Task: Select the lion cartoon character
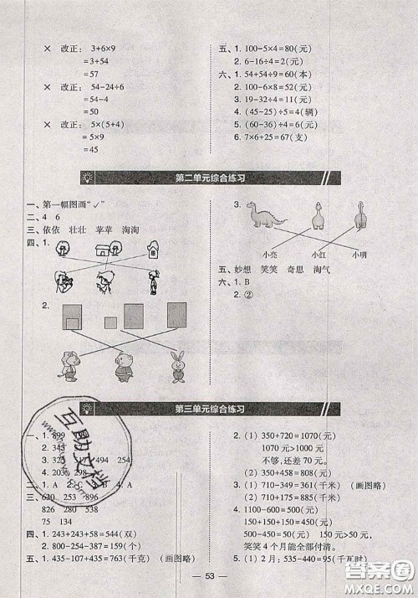(68, 366)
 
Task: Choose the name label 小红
(318, 254)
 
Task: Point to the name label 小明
(359, 253)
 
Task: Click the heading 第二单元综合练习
(214, 178)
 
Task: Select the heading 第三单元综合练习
(214, 409)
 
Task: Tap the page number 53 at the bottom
(209, 585)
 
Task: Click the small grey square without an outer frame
(110, 322)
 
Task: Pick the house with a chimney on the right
(153, 249)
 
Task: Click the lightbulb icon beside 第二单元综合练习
(89, 178)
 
